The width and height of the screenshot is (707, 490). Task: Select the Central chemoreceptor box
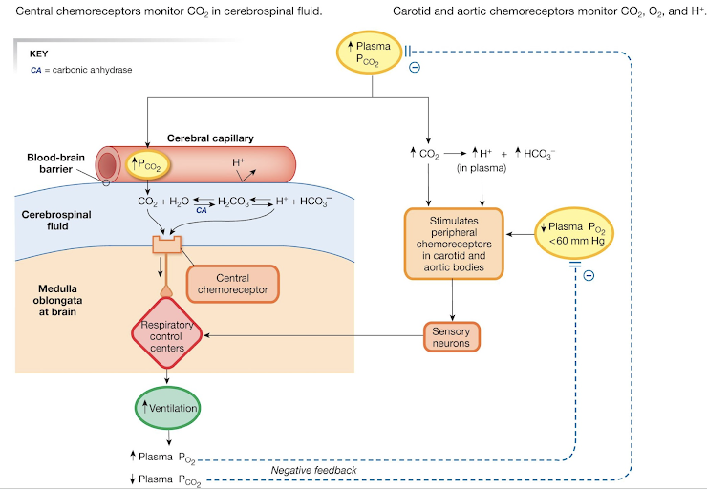[233, 284]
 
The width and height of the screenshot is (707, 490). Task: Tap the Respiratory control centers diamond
[167, 335]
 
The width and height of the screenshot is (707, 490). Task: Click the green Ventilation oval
[169, 408]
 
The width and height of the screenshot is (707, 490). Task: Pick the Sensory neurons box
[451, 335]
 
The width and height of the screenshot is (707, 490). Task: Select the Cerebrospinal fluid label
[56, 221]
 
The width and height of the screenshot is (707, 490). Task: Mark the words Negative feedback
[313, 470]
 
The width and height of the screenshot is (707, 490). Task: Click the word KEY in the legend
[39, 54]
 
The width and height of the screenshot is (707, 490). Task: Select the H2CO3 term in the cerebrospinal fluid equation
[232, 202]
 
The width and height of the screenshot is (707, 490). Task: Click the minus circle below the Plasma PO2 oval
[588, 275]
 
